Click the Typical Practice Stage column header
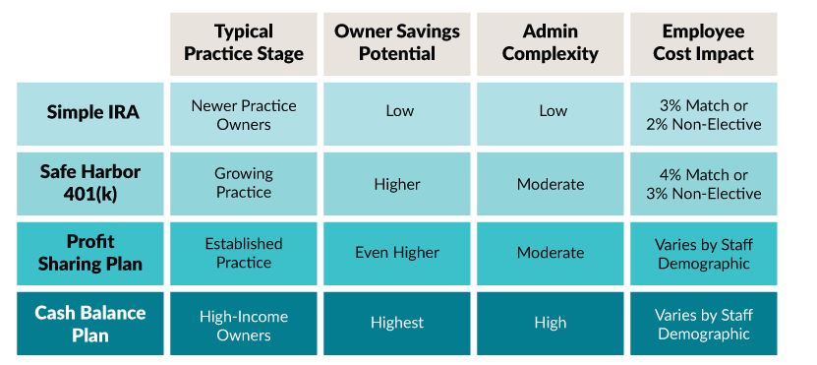tap(244, 43)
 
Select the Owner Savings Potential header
tap(397, 43)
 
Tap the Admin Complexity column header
tap(551, 43)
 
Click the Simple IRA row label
tap(93, 112)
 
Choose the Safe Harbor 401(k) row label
tap(93, 183)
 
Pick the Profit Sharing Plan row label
tap(93, 252)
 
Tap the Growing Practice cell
tap(244, 183)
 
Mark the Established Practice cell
tap(244, 252)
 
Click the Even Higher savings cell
tap(397, 253)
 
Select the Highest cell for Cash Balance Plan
tap(397, 323)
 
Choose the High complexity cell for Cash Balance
tap(551, 323)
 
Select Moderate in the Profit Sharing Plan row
tap(551, 253)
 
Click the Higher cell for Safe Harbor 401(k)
tap(397, 184)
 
